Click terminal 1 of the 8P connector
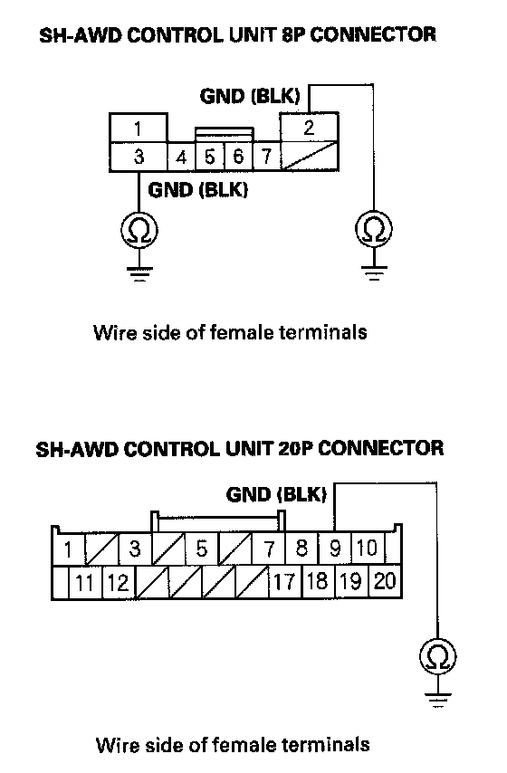(139, 129)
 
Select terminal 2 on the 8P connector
(310, 128)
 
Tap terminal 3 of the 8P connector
(139, 157)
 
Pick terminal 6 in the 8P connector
(238, 157)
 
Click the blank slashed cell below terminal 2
(310, 157)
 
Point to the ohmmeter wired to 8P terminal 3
(139, 230)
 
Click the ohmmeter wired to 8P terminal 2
(374, 229)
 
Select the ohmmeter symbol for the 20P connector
(438, 656)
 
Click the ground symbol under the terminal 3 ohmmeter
(139, 273)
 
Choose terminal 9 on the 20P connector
(335, 549)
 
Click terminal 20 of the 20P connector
(385, 581)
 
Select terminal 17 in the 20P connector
(284, 582)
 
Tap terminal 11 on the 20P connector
(84, 582)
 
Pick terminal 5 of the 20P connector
(201, 549)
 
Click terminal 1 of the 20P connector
(68, 549)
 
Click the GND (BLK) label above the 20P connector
(276, 494)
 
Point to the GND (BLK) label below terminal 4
(197, 189)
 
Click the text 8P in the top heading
(293, 34)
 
